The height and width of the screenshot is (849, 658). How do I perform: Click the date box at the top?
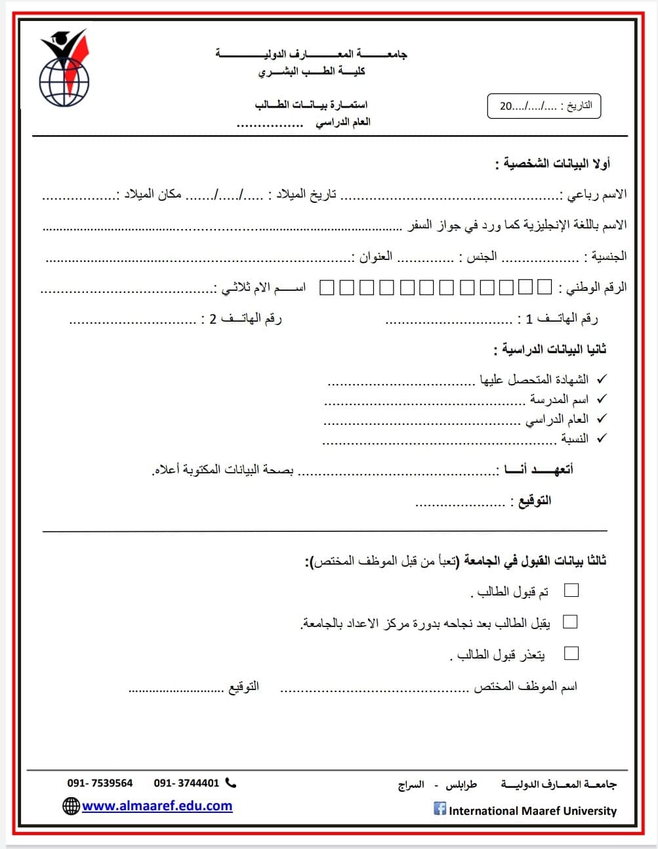coord(544,106)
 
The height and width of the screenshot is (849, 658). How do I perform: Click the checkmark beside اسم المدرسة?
coord(602,399)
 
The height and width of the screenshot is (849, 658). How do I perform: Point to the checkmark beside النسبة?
coord(602,438)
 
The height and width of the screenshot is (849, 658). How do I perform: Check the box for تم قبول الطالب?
coord(571,590)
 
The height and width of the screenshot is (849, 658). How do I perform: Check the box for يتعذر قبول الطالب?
coord(571,653)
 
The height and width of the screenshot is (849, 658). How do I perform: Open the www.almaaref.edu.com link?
coord(157,806)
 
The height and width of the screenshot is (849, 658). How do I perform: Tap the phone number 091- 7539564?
coord(100,783)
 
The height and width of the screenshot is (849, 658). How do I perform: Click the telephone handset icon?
coord(230,783)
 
